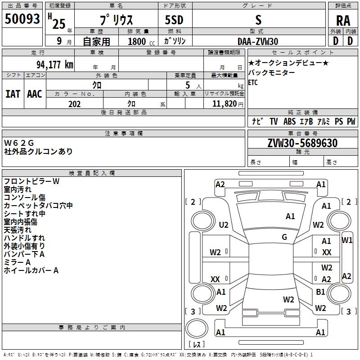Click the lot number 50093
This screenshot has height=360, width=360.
tap(22, 19)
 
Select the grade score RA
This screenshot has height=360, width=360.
tap(343, 21)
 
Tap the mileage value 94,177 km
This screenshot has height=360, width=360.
tap(55, 65)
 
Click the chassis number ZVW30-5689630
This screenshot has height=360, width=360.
tap(302, 143)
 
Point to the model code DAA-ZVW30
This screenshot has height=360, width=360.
tap(258, 41)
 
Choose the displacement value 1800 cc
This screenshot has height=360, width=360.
tap(141, 41)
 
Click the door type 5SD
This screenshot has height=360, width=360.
tap(174, 20)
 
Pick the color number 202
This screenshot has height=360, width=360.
tap(74, 104)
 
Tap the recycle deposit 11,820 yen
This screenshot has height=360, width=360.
tap(228, 104)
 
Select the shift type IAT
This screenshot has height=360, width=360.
tap(13, 94)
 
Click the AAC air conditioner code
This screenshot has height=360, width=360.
tap(35, 94)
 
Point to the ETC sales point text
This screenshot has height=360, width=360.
tap(253, 82)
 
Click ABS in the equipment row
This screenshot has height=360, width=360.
tap(289, 121)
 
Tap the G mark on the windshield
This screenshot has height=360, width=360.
tap(284, 237)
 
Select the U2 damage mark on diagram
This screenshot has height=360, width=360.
tap(223, 225)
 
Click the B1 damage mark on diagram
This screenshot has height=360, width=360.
tap(320, 292)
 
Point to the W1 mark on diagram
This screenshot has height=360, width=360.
tap(346, 240)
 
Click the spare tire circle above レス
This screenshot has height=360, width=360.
tap(197, 328)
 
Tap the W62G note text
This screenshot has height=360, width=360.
tap(19, 143)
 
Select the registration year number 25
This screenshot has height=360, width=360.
tap(59, 24)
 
